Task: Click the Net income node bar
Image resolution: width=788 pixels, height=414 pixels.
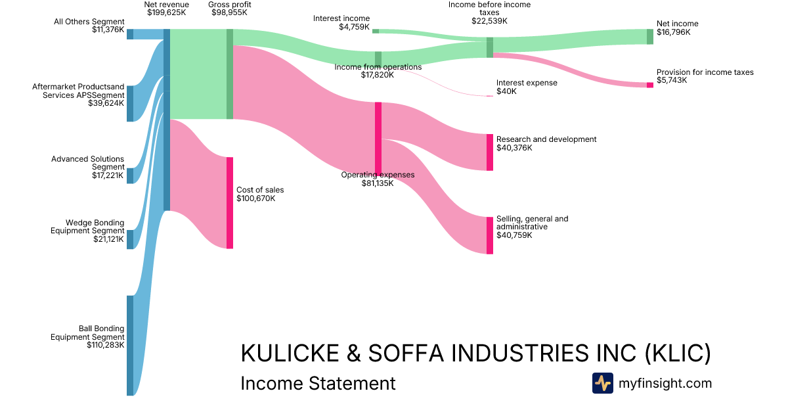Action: click(650, 37)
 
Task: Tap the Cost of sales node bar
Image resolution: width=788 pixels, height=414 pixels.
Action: click(230, 202)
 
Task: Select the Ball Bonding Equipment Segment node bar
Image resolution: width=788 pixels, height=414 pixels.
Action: click(130, 346)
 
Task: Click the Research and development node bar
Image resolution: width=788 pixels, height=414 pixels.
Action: click(489, 152)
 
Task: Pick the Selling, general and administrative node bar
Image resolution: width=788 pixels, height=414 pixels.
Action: click(489, 235)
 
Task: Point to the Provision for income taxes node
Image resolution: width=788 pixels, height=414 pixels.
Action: click(650, 85)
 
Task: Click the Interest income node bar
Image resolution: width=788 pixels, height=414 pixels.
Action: click(376, 31)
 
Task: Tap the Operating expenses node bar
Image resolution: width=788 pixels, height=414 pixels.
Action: click(378, 139)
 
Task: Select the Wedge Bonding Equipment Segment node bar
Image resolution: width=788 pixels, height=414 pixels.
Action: click(130, 239)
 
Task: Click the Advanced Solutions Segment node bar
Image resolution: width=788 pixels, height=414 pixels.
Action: click(130, 175)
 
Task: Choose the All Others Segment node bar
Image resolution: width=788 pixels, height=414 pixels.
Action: click(130, 34)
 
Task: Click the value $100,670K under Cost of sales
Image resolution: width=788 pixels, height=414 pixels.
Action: click(255, 198)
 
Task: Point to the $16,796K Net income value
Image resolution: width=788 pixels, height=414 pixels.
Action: click(673, 32)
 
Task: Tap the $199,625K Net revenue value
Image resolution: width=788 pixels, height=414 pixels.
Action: click(167, 12)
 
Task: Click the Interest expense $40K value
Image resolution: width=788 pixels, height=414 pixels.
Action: click(506, 91)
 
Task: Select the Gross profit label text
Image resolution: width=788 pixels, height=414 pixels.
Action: click(230, 5)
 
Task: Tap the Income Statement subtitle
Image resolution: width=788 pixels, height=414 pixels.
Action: click(318, 383)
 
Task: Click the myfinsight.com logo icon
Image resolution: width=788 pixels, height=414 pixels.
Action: click(602, 383)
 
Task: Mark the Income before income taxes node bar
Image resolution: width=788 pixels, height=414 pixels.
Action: click(489, 47)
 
